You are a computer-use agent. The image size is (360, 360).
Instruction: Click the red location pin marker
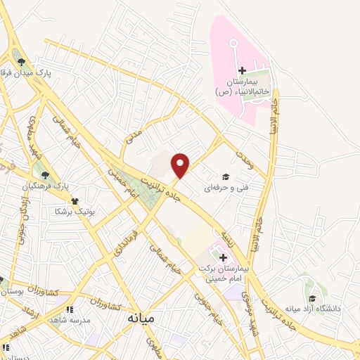click(x=181, y=165)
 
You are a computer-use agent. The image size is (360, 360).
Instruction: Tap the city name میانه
click(x=141, y=318)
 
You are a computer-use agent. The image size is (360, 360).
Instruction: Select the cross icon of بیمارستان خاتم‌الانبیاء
click(x=242, y=71)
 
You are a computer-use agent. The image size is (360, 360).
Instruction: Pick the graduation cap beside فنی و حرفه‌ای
click(x=226, y=176)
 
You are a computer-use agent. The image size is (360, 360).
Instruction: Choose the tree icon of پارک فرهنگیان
click(x=46, y=176)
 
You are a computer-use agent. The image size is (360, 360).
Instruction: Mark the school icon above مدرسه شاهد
click(x=68, y=307)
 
